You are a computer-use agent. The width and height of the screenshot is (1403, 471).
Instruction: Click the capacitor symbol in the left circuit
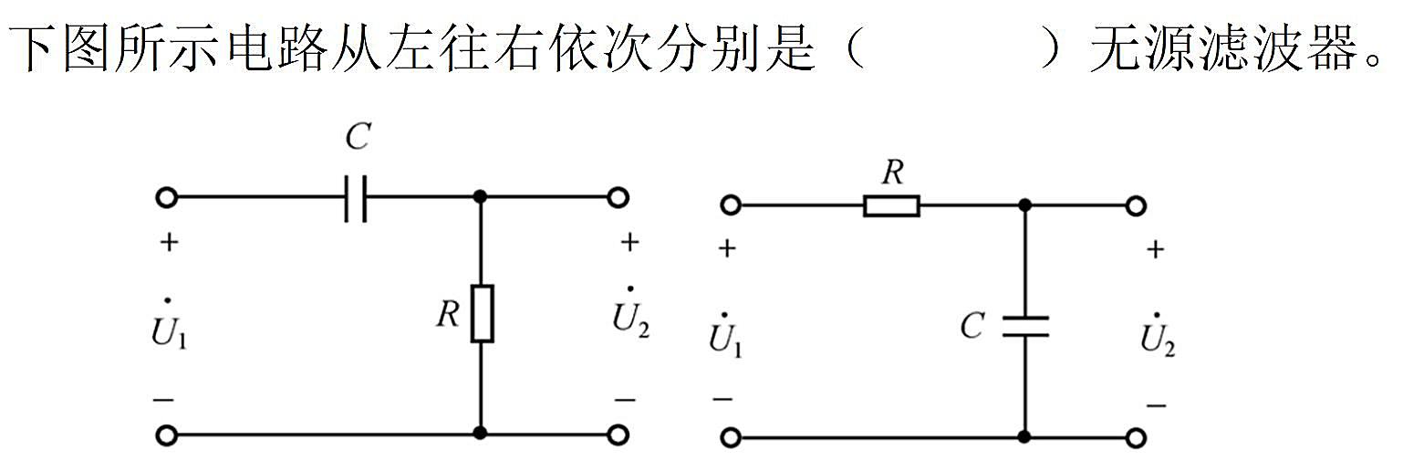coord(356,199)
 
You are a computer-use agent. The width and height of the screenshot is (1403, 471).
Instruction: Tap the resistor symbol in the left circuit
coord(482,313)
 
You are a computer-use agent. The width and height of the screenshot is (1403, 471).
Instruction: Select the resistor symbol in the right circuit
coord(891,206)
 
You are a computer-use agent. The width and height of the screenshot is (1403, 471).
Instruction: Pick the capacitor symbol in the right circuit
coord(1025,327)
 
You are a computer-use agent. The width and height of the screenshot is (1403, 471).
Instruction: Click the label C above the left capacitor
coord(359,137)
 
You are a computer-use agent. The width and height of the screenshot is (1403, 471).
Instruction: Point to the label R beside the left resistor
coord(449,314)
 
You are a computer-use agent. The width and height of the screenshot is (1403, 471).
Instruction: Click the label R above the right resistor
coord(893,173)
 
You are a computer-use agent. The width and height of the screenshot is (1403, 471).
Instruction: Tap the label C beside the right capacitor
coord(972,326)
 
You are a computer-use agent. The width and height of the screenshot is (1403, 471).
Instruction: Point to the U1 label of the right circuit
coord(724,336)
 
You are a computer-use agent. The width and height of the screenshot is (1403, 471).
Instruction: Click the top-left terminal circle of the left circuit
coord(166,198)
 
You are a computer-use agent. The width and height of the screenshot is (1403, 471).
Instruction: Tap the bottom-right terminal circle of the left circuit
coord(618,434)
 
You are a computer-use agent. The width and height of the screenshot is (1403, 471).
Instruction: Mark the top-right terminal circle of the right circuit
coord(1136,206)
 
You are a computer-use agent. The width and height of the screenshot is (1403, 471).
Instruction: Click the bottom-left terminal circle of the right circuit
coord(731,438)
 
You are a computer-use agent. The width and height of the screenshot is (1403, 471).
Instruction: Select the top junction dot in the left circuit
coord(481,197)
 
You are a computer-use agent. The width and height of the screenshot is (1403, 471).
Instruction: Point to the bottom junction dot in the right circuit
coord(1024,437)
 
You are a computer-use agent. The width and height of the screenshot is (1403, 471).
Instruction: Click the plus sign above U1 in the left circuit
coord(169,243)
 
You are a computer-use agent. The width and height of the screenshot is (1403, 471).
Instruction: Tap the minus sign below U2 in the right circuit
coord(1156,406)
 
